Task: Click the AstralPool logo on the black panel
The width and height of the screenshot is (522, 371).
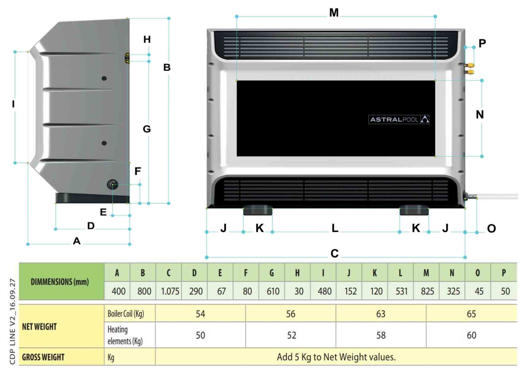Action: (399, 119)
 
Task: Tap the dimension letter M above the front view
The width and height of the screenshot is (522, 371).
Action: (334, 13)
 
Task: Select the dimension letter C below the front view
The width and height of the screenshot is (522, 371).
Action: (334, 253)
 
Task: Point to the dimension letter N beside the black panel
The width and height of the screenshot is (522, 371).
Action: (480, 115)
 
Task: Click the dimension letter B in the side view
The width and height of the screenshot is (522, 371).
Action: (167, 67)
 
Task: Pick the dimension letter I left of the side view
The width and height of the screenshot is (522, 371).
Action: (13, 104)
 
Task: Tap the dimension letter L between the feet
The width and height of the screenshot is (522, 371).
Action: (335, 228)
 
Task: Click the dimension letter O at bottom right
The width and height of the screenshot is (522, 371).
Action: (491, 229)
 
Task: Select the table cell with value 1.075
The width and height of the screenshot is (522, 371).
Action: (170, 291)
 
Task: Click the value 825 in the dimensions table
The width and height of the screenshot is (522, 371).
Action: (427, 291)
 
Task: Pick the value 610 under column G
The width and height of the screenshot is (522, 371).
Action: (273, 291)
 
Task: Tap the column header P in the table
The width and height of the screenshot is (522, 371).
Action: (504, 273)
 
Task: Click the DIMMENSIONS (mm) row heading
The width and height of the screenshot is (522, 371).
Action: (60, 282)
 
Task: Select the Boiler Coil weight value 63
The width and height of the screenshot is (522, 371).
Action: (381, 314)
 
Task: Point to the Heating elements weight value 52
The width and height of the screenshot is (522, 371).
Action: (291, 335)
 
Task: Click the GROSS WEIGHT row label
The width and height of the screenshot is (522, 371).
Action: (43, 357)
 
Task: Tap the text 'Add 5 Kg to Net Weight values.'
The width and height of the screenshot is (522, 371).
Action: (336, 357)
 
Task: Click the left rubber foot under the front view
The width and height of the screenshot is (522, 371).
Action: (258, 210)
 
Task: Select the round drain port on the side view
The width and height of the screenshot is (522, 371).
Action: (113, 184)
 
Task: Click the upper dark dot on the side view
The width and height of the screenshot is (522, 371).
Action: (104, 78)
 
